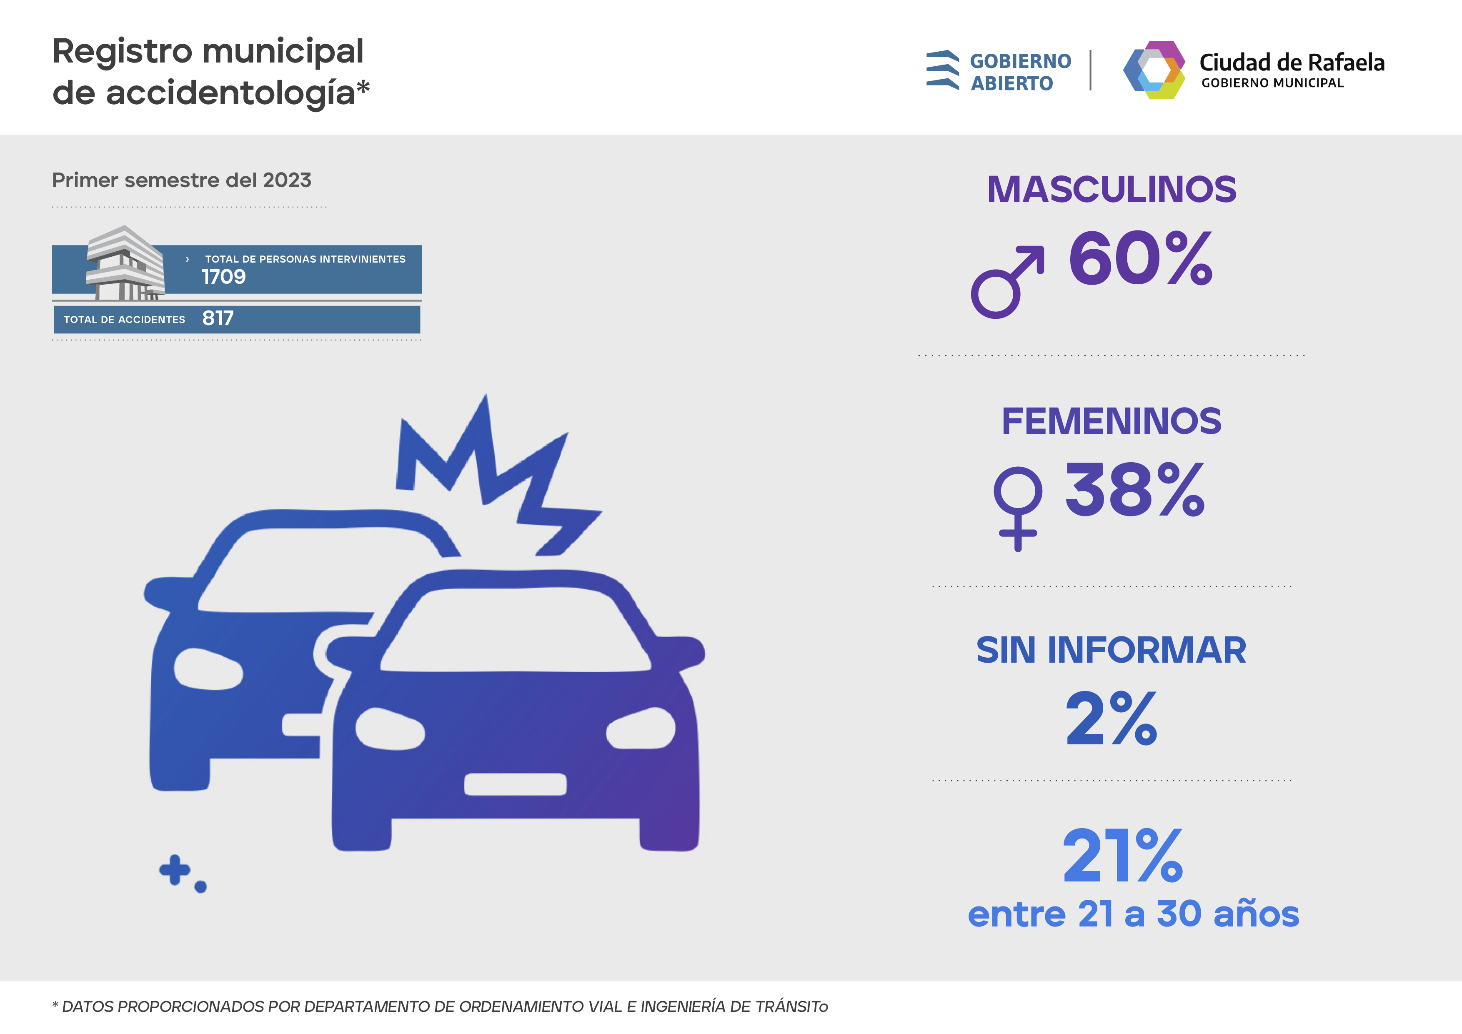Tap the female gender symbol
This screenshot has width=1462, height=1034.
tap(1018, 508)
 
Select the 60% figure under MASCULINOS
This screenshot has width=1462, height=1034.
tap(1140, 259)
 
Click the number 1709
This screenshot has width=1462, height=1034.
tap(223, 277)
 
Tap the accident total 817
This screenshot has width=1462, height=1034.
tap(218, 318)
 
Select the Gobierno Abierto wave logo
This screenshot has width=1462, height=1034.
tap(942, 70)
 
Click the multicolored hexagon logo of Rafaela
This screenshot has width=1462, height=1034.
tap(1154, 70)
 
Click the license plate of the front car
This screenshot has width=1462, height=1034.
tap(515, 784)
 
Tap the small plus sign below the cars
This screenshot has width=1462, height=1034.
tap(175, 870)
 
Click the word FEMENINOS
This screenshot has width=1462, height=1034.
tap(1111, 421)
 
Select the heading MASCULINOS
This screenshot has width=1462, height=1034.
tap(1111, 190)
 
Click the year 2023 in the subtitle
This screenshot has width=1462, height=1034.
tap(287, 181)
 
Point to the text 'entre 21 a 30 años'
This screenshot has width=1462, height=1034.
tap(1133, 914)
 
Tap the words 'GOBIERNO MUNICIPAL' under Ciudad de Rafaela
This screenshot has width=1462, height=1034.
tap(1272, 83)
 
